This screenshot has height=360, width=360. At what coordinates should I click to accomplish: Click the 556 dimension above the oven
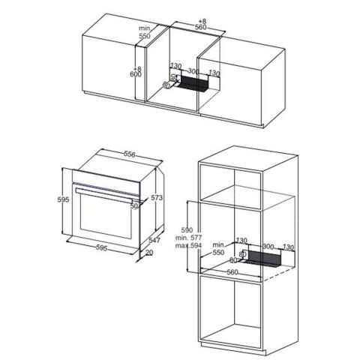pos(129,154)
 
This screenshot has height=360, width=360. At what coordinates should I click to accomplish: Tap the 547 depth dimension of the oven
pos(156,240)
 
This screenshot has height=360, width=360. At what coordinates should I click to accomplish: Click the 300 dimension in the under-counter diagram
pos(193,71)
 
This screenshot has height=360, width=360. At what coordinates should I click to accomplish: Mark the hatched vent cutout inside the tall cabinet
pos(266,259)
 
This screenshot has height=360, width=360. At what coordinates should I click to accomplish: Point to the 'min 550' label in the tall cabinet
pos(218,249)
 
